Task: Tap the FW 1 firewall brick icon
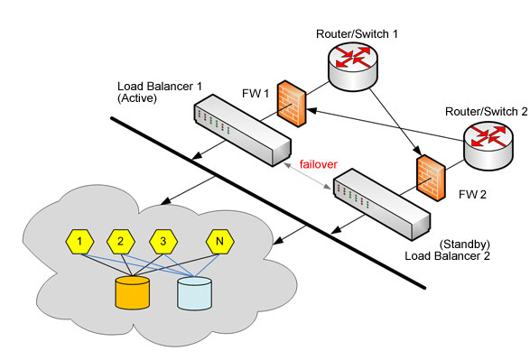point(292,106)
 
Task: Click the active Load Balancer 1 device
point(242,128)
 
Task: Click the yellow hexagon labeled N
point(219,242)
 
